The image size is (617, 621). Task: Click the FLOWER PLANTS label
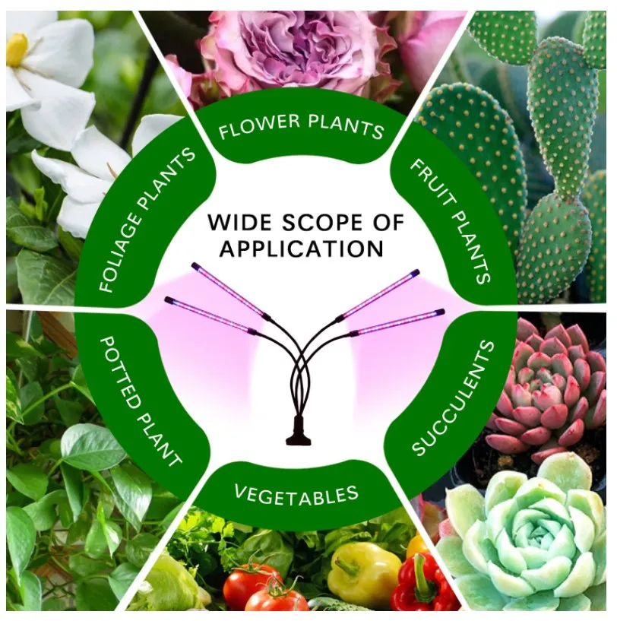pyautogui.click(x=302, y=126)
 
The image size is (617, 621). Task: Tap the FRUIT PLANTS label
pyautogui.click(x=451, y=222)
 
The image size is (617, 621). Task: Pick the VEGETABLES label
pyautogui.click(x=296, y=495)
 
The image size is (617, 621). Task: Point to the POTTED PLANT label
pyautogui.click(x=140, y=401)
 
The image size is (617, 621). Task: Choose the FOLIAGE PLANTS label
pyautogui.click(x=147, y=220)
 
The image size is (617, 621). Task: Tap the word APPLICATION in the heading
pyautogui.click(x=302, y=249)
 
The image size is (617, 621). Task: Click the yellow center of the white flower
pyautogui.click(x=17, y=49)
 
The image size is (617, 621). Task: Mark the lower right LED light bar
pyautogui.click(x=397, y=323)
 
